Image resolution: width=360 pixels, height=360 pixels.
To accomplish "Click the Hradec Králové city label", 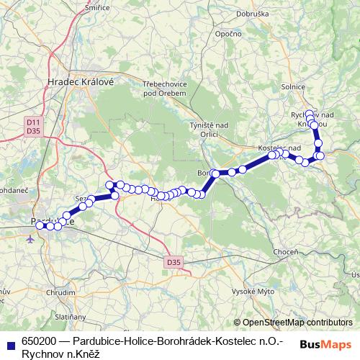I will (81, 81).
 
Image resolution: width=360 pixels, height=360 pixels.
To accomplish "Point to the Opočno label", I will (228, 34).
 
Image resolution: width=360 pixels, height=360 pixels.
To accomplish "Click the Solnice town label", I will (292, 87).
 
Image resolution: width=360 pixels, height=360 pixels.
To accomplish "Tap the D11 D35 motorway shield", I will (32, 127).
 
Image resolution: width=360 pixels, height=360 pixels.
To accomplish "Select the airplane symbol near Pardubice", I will (30, 239).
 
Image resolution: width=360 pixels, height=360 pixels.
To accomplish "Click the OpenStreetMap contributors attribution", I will (297, 323).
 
